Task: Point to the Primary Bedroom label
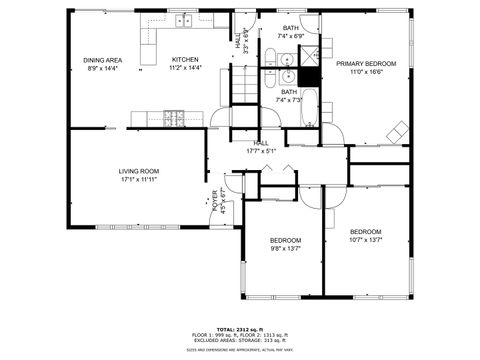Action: click(x=365, y=63)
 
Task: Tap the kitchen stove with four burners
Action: click(x=173, y=119)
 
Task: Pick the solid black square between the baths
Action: click(x=310, y=76)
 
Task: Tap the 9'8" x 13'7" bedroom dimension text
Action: click(x=285, y=249)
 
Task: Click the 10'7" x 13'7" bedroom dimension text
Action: click(x=366, y=240)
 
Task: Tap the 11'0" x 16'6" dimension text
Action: click(x=365, y=72)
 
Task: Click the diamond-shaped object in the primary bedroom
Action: click(x=398, y=130)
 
